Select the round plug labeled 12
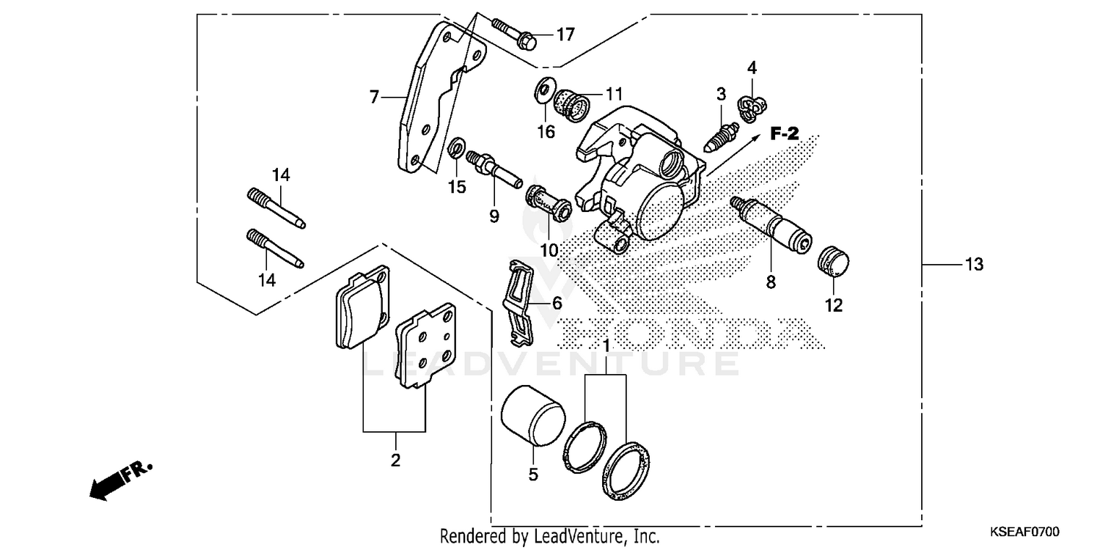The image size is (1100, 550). (x=832, y=262)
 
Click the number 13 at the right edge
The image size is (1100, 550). (x=973, y=265)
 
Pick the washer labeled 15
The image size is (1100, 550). (x=455, y=151)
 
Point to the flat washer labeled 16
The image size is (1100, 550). (x=545, y=89)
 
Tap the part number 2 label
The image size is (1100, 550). (x=395, y=461)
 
